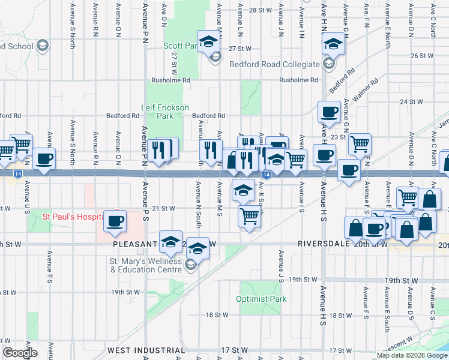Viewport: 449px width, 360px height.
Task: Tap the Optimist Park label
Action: click(x=261, y=299)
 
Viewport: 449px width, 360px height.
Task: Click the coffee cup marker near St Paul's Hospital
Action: click(x=115, y=220)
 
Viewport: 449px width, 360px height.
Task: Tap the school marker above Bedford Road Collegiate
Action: click(x=333, y=43)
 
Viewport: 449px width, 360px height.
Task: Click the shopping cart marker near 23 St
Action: click(x=360, y=144)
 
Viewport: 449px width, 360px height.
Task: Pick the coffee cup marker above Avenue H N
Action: click(x=329, y=111)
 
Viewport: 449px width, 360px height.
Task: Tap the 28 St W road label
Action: click(x=261, y=10)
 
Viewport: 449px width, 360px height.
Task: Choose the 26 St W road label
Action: click(x=421, y=56)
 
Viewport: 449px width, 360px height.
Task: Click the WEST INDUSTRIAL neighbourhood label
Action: click(x=146, y=350)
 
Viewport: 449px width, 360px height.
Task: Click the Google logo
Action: click(x=20, y=353)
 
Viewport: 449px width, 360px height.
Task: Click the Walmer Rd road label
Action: click(x=366, y=89)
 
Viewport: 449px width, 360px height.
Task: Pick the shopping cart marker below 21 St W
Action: click(x=249, y=215)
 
